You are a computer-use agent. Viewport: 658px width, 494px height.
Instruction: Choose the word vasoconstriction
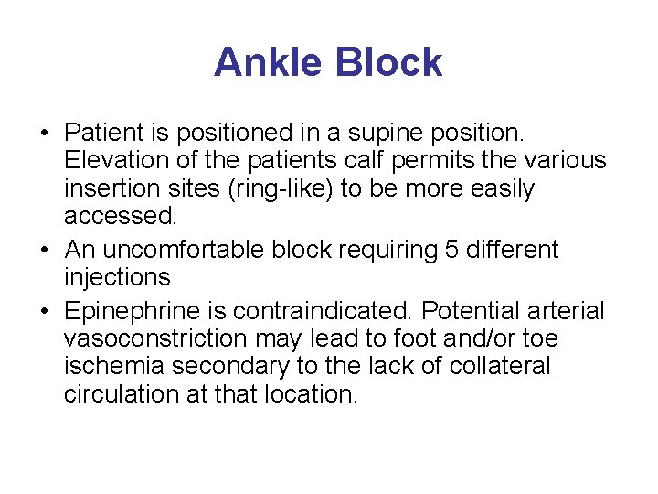tap(155, 339)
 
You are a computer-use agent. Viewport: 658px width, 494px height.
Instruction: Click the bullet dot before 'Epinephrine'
tap(45, 312)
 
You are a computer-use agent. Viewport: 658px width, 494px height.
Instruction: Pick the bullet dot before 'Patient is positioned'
tap(45, 133)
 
